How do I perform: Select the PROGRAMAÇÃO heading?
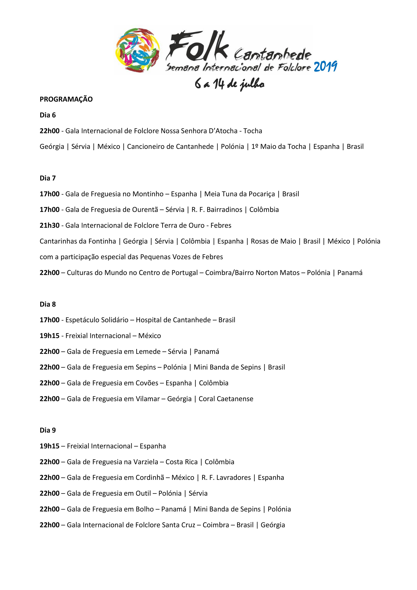click(x=66, y=99)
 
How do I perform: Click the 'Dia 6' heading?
click(x=48, y=115)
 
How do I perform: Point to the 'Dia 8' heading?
click(x=48, y=304)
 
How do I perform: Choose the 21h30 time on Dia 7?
click(x=50, y=225)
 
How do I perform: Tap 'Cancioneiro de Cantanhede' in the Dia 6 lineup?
click(x=170, y=147)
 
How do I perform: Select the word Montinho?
click(x=148, y=194)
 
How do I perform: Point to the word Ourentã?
click(x=145, y=210)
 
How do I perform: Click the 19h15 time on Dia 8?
click(x=50, y=336)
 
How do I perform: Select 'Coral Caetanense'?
click(x=226, y=399)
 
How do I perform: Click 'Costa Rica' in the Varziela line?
click(x=182, y=462)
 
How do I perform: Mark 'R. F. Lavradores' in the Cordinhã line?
click(x=226, y=478)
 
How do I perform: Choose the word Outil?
click(x=142, y=493)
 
